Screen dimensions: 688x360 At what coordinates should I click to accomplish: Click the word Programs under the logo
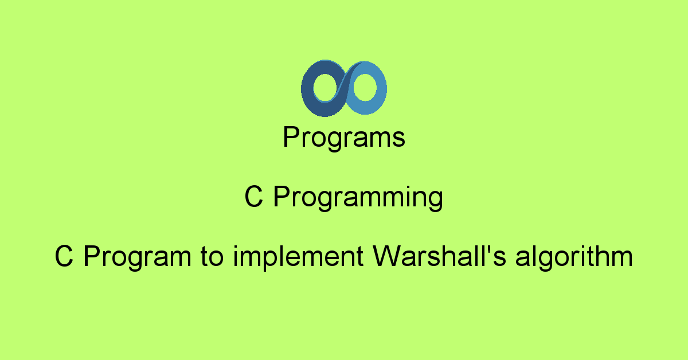(x=344, y=138)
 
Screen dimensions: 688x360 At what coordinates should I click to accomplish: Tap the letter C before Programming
(x=254, y=197)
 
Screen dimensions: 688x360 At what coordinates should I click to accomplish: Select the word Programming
(x=358, y=198)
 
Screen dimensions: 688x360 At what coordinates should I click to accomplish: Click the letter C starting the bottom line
(x=64, y=256)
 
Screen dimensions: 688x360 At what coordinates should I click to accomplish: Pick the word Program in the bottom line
(x=137, y=258)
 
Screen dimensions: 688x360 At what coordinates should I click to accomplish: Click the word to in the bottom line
(x=212, y=257)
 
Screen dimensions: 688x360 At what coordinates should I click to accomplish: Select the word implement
(x=299, y=258)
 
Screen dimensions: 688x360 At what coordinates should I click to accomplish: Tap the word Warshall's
(x=439, y=256)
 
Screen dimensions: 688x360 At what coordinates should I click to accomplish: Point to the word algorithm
(x=574, y=258)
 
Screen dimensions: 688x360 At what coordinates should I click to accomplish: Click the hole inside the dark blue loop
(x=325, y=88)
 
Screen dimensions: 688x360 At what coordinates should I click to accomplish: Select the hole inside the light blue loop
(x=365, y=87)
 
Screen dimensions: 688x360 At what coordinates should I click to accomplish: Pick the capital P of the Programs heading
(x=291, y=137)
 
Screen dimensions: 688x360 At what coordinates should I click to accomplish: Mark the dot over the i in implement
(x=236, y=248)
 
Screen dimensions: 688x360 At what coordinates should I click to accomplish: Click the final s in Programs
(x=399, y=140)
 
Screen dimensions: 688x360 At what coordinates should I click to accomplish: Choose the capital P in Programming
(x=282, y=197)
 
